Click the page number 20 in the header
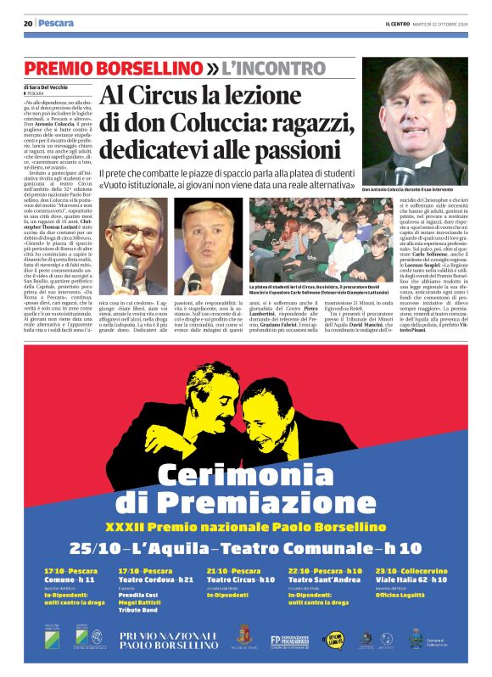click(x=27, y=23)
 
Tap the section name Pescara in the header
click(x=56, y=23)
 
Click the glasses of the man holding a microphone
click(x=135, y=231)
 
